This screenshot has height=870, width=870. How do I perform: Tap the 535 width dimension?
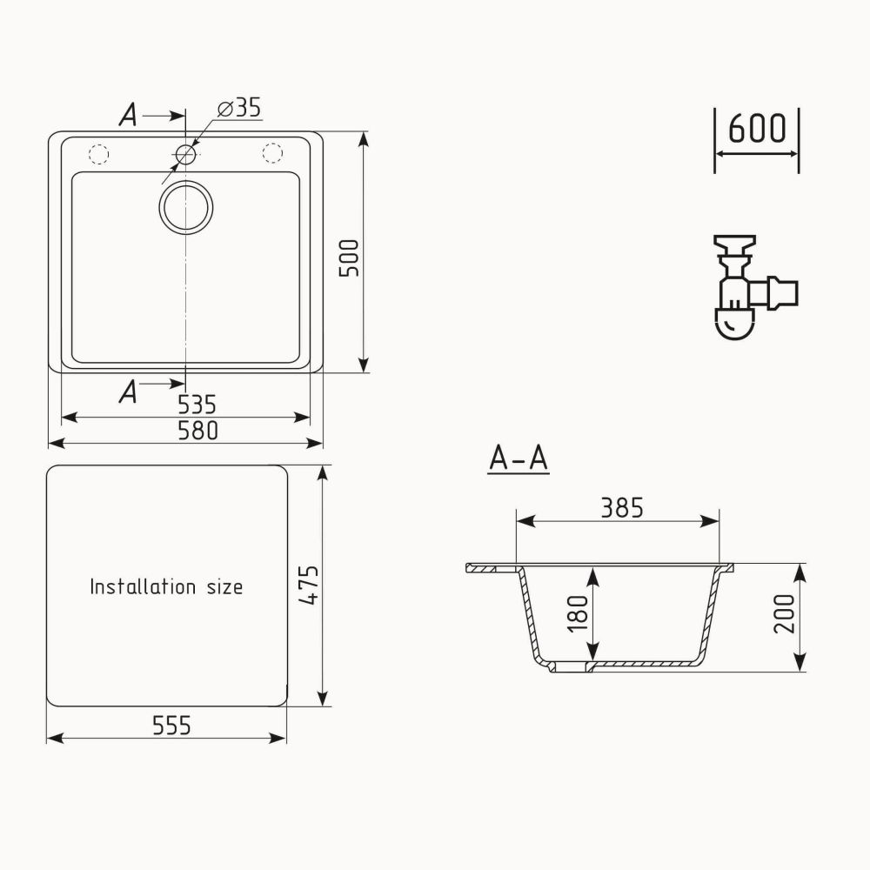[x=197, y=405]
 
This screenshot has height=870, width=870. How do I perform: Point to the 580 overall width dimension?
[x=197, y=431]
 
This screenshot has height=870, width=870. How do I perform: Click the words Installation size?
[x=166, y=586]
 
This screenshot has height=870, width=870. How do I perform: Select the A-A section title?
[x=519, y=458]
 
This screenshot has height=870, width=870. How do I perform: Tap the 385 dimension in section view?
[x=621, y=507]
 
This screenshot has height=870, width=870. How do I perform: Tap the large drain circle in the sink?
[x=185, y=207]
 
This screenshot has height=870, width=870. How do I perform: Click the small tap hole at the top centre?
[x=185, y=155]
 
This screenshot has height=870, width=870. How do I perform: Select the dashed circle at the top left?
[x=97, y=154]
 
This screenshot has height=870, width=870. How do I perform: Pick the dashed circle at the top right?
[x=273, y=154]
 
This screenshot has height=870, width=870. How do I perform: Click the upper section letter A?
[x=128, y=116]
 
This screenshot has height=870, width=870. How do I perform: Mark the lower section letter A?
[x=128, y=392]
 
